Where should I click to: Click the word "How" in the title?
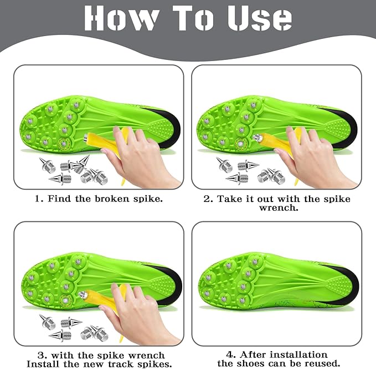(x=122, y=18)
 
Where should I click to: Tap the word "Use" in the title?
(x=260, y=18)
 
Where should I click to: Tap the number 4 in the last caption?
(x=230, y=355)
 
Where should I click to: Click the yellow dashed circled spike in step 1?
(x=64, y=144)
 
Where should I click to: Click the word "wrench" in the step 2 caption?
(x=279, y=208)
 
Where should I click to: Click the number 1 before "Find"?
(x=38, y=199)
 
